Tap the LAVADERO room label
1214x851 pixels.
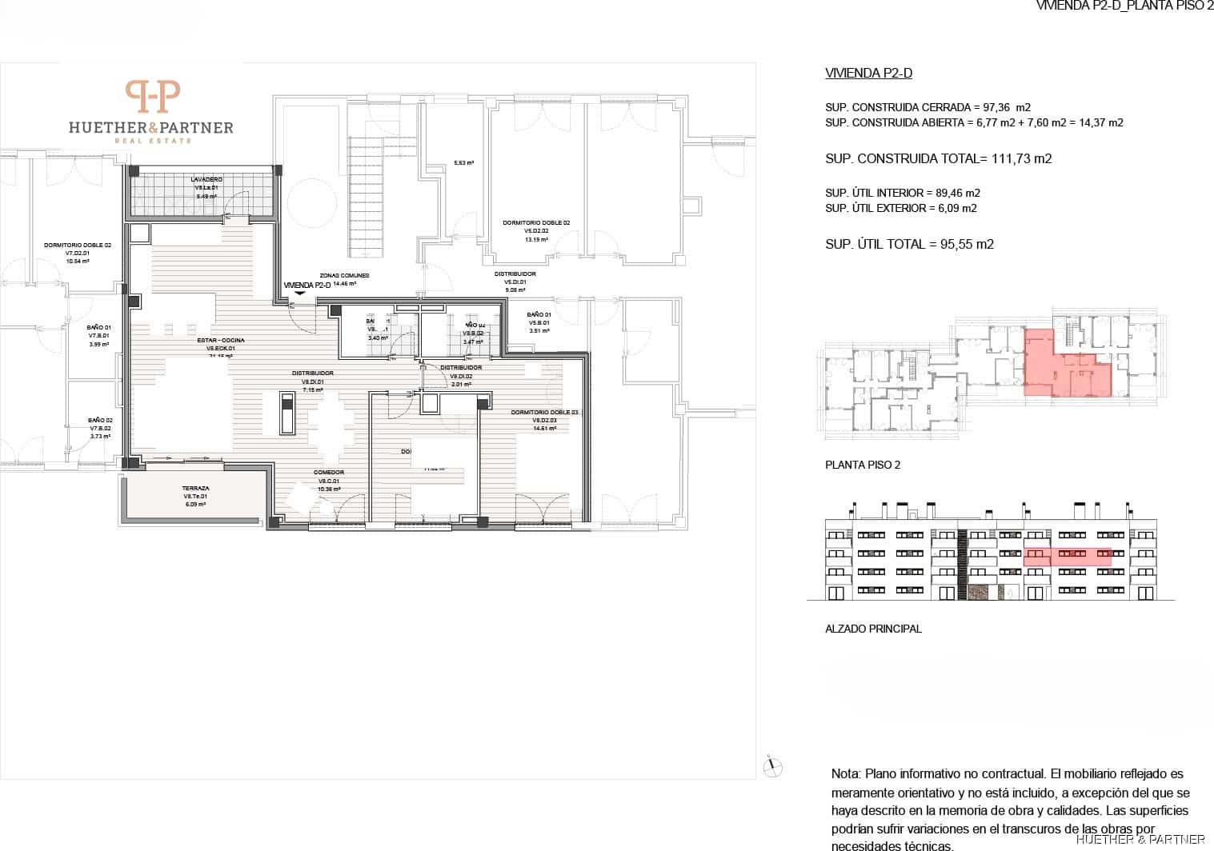click(x=206, y=179)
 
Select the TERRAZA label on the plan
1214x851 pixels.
click(x=195, y=488)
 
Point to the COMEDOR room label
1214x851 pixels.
click(x=329, y=473)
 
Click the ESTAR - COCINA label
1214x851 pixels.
click(x=221, y=341)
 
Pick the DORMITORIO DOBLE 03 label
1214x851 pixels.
click(x=544, y=413)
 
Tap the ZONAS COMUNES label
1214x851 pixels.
click(x=344, y=274)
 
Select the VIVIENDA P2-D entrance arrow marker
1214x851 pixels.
click(x=299, y=294)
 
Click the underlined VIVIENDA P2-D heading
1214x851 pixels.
click(x=868, y=74)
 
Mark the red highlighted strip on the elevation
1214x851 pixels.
click(x=1067, y=557)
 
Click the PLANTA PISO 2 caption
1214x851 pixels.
click(x=863, y=465)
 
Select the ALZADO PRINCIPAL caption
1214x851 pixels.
click(x=873, y=629)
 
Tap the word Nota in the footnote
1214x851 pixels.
click(x=845, y=774)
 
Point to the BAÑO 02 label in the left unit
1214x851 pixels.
click(x=100, y=420)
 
